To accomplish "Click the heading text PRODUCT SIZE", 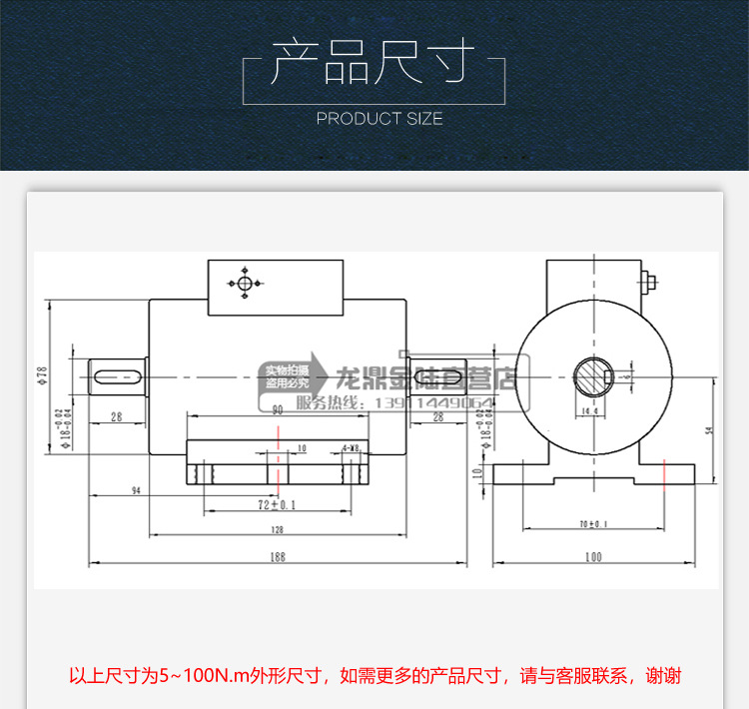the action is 378,119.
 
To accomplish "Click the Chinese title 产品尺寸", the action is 374,63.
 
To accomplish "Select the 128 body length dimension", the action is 276,528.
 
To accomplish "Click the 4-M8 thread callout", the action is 351,448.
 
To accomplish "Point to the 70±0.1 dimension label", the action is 593,523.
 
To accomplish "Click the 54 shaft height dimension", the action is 708,429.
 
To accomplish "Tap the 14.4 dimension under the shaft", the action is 589,411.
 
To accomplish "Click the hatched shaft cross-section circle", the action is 596,378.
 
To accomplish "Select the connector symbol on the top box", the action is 245,284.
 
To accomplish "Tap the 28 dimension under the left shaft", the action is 117,417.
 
